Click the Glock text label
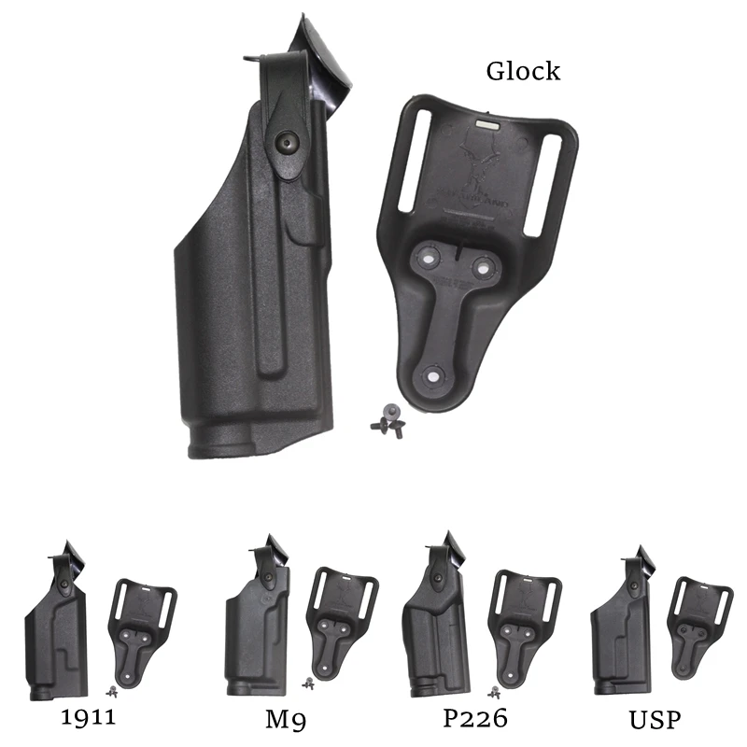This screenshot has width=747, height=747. coord(523,71)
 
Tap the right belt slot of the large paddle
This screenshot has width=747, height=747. coord(545,183)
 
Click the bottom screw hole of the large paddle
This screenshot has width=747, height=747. coord(435,375)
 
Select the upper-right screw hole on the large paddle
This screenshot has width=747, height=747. coord(483,267)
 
